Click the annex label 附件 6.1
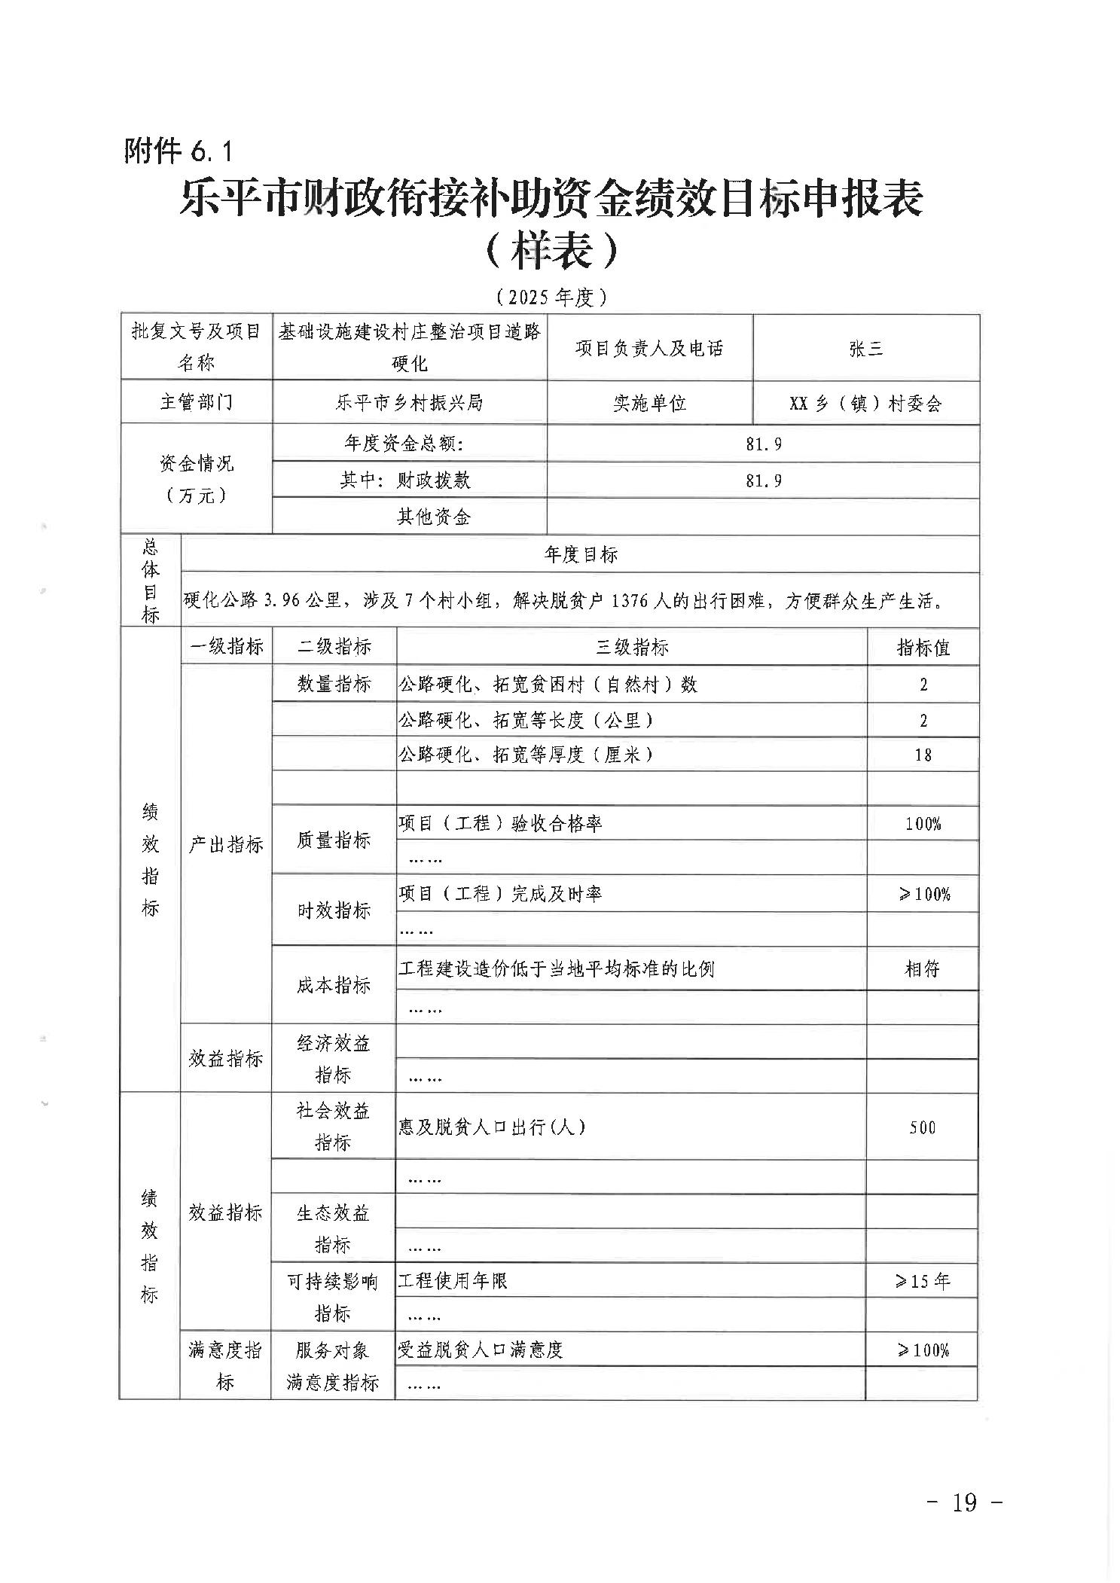[179, 152]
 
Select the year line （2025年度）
[552, 297]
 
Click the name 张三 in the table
[865, 349]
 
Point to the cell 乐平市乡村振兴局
[409, 403]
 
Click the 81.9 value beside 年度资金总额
[764, 444]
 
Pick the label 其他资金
[434, 517]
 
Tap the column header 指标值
[923, 647]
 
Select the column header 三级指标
[632, 647]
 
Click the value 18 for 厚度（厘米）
[923, 755]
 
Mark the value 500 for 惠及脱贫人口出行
[922, 1127]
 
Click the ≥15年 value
[922, 1281]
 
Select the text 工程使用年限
[453, 1281]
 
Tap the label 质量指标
[334, 840]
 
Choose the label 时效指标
[334, 910]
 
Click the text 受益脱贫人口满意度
[481, 1350]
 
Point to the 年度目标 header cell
[580, 555]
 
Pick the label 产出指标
[226, 845]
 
